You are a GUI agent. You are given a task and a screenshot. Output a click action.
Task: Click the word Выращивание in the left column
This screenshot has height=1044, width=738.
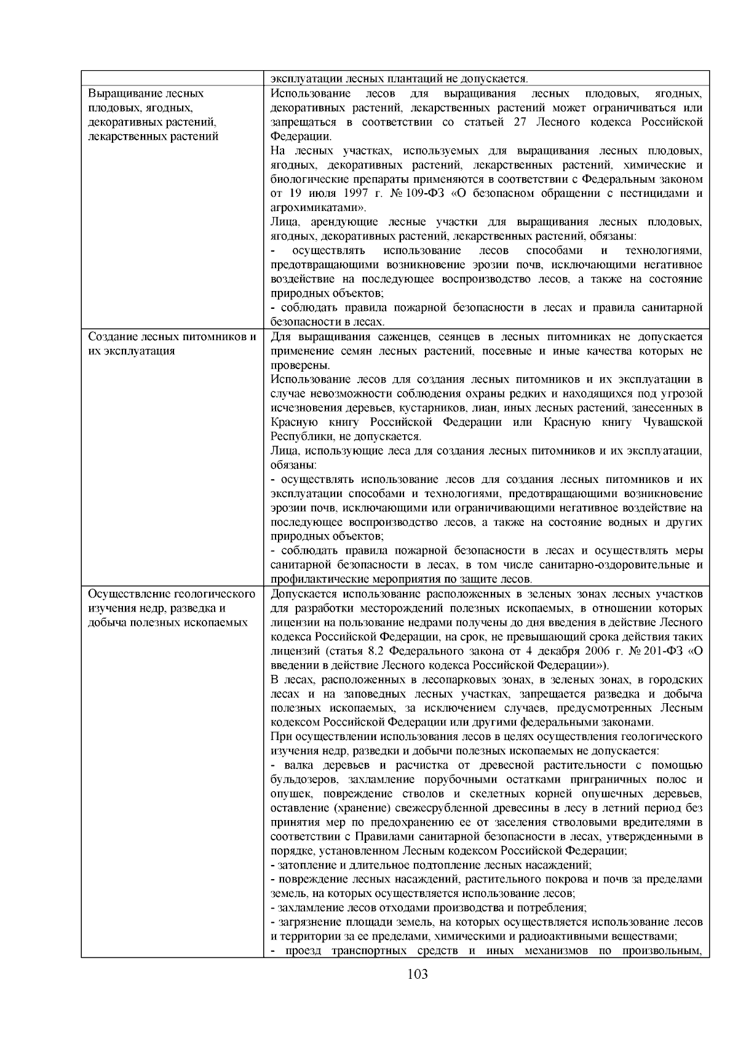(125, 94)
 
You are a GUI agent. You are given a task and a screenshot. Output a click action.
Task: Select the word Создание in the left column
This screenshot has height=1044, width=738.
(114, 337)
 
